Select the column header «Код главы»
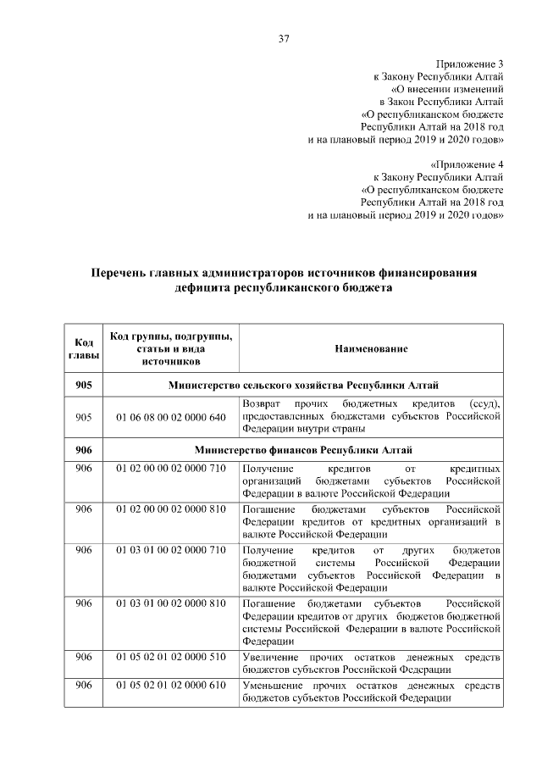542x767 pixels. point(83,348)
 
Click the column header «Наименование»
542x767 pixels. point(371,348)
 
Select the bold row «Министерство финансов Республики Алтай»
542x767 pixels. point(302,449)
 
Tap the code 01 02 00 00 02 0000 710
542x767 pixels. point(171,469)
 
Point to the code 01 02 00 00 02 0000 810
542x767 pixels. point(171,509)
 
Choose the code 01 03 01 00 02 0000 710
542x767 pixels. point(171,550)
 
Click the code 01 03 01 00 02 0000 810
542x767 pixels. point(171,603)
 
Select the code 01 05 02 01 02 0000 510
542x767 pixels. point(171,658)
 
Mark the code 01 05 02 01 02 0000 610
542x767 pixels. point(171,685)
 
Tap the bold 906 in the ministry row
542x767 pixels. point(83,449)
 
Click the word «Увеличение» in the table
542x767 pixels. point(270,658)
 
